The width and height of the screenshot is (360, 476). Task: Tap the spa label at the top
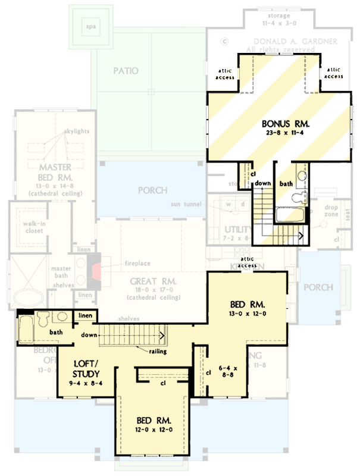click(x=90, y=27)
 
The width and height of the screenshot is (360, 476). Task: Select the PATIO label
click(x=126, y=71)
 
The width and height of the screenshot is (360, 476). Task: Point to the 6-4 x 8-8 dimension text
click(x=226, y=372)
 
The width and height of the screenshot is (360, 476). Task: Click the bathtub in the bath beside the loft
click(x=26, y=329)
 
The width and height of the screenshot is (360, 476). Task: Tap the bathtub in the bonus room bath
click(x=290, y=214)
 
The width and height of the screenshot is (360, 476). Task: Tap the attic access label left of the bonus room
click(x=224, y=73)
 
